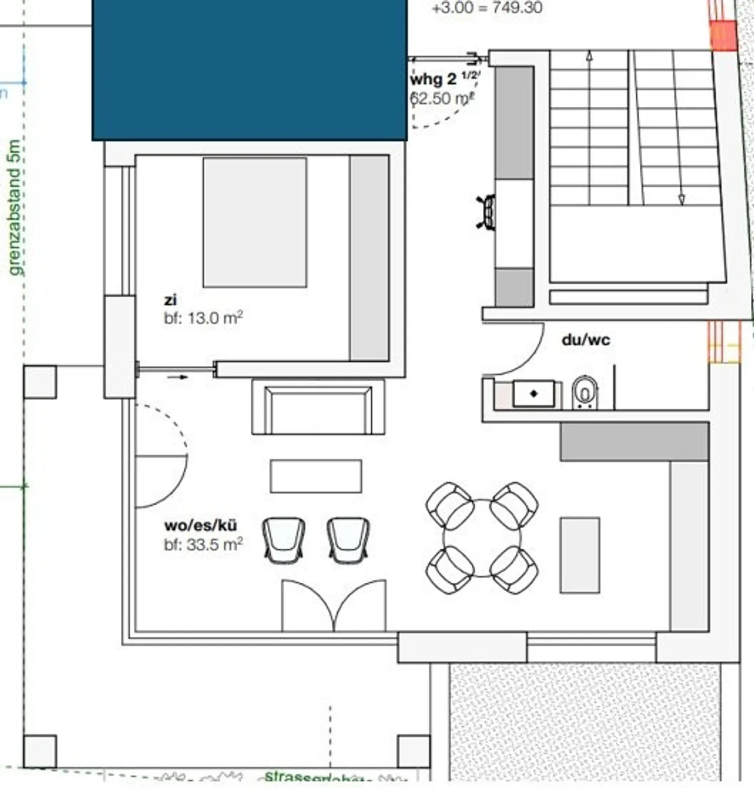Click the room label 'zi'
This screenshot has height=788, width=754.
pyautogui.click(x=170, y=300)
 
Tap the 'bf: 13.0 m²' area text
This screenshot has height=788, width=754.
pyautogui.click(x=203, y=318)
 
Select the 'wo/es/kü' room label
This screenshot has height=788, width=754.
pyautogui.click(x=201, y=525)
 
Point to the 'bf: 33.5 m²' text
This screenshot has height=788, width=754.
pyautogui.click(x=203, y=544)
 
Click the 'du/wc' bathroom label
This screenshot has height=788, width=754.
pyautogui.click(x=585, y=340)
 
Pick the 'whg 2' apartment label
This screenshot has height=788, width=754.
pyautogui.click(x=433, y=80)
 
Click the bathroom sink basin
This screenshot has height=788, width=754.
pyautogui.click(x=533, y=393)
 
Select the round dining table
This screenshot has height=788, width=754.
pyautogui.click(x=482, y=538)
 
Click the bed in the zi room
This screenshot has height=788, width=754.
pyautogui.click(x=254, y=223)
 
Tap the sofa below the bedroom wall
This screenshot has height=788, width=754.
pyautogui.click(x=318, y=407)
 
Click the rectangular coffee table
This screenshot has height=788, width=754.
pyautogui.click(x=316, y=476)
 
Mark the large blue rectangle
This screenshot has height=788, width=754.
pyautogui.click(x=250, y=70)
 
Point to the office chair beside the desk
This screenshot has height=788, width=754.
pyautogui.click(x=487, y=212)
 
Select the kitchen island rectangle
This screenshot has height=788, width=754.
pyautogui.click(x=580, y=555)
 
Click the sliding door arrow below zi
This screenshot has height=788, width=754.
pyautogui.click(x=178, y=377)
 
